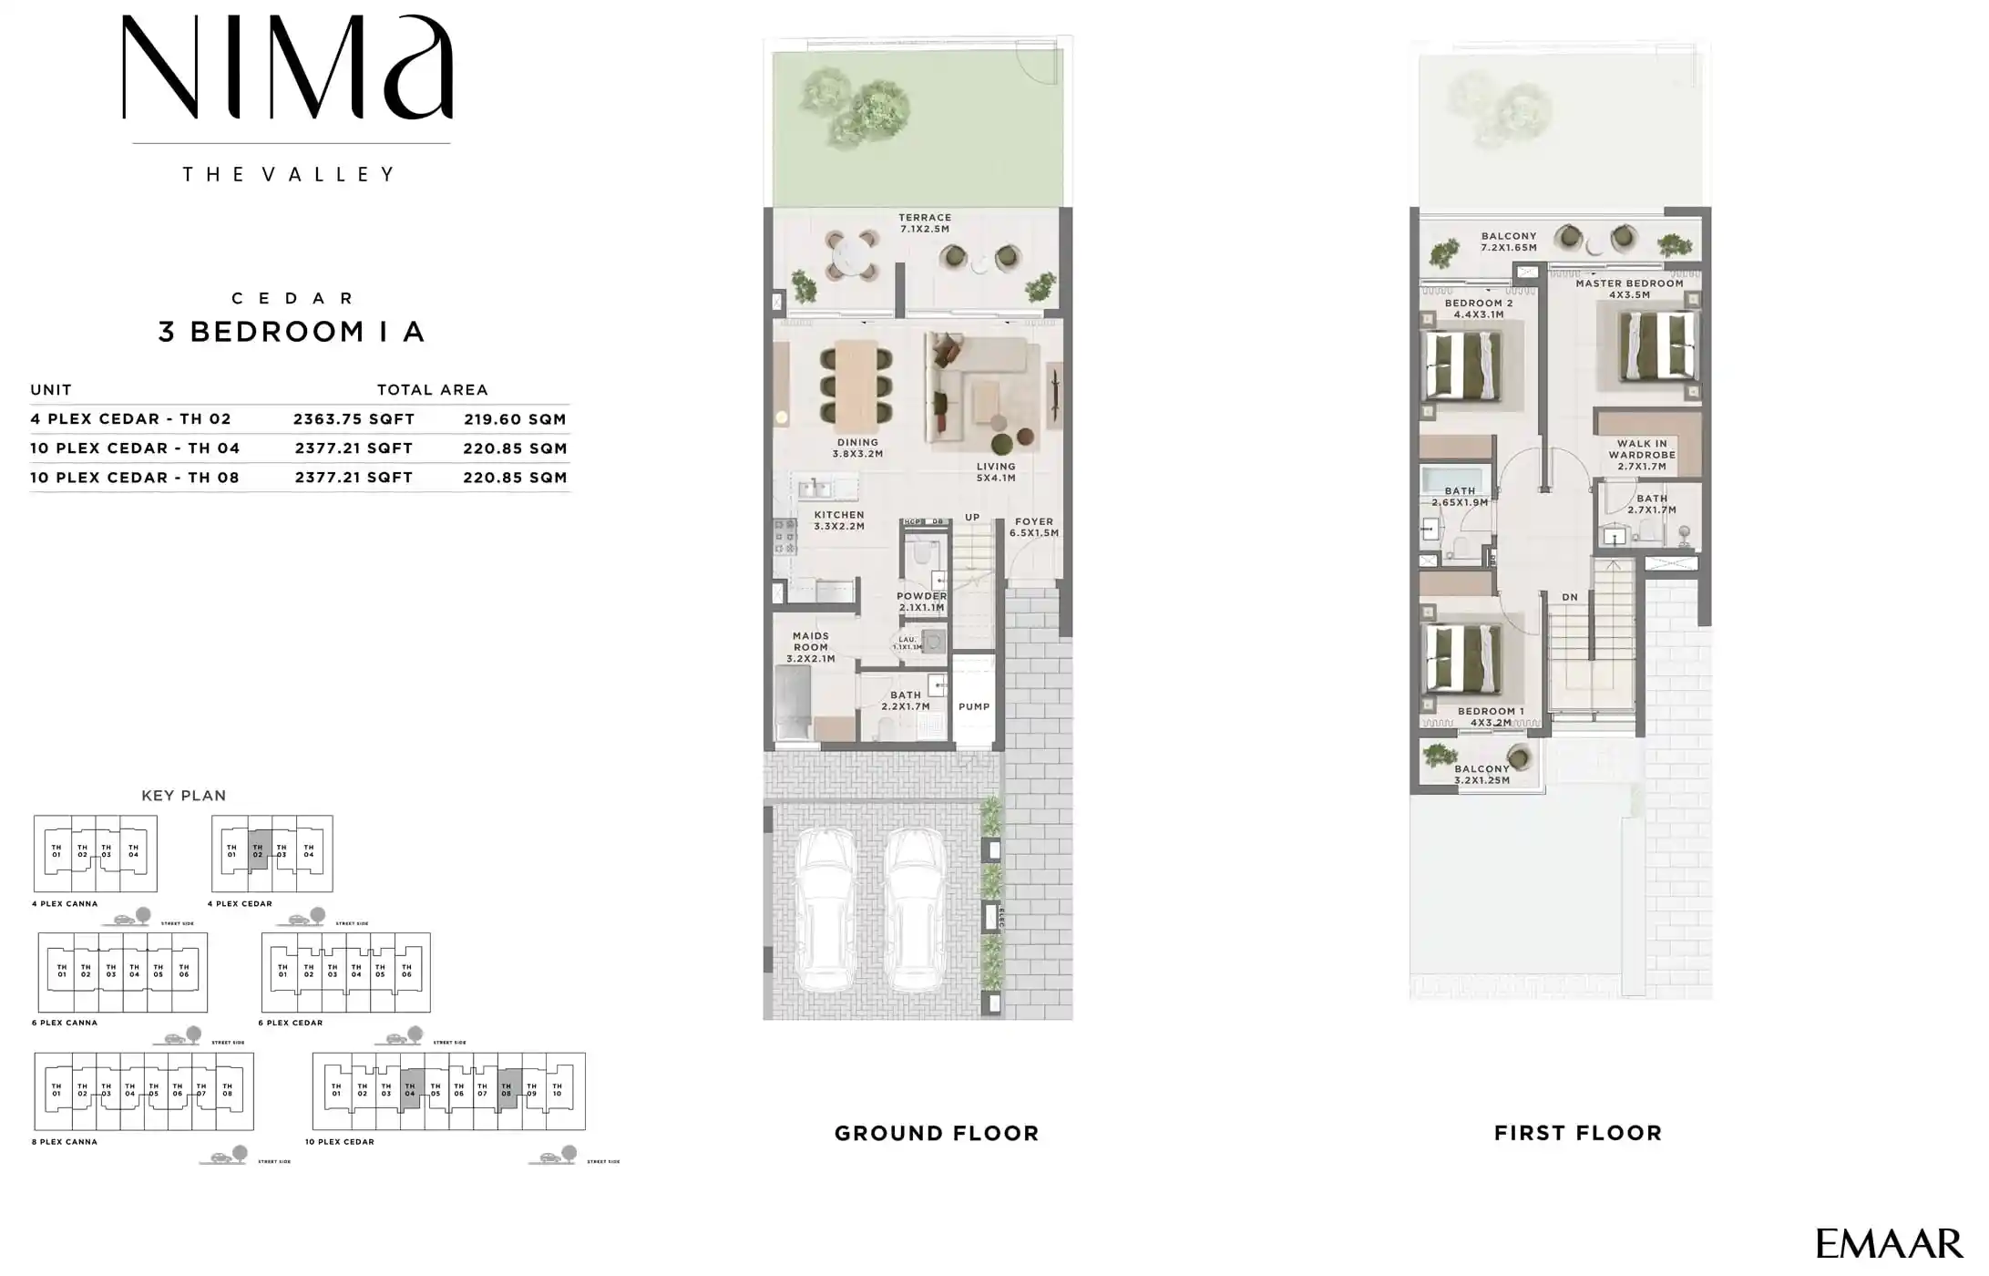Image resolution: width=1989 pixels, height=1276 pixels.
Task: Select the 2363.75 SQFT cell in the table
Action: point(354,419)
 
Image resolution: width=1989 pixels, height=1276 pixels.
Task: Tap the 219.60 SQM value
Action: point(515,419)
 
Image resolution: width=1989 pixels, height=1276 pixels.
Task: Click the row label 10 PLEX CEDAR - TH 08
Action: point(135,478)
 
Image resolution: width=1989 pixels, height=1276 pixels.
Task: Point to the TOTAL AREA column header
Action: point(433,390)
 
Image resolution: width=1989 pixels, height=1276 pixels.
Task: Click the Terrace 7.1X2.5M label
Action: point(925,223)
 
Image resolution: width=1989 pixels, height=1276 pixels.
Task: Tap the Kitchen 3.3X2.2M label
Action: point(838,520)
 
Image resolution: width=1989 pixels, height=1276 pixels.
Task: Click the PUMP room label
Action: point(974,707)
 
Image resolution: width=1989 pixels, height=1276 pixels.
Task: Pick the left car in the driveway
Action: point(825,911)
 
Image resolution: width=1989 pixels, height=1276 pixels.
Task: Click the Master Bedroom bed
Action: point(1658,346)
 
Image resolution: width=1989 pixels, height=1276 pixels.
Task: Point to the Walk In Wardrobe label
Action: point(1642,455)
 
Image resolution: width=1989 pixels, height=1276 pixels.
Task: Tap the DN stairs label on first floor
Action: point(1570,598)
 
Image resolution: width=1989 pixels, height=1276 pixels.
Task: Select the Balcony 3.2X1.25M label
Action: point(1481,775)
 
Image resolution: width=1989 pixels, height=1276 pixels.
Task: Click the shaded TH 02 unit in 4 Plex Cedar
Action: point(258,850)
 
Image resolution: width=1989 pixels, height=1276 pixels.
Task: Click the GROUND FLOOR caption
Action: point(937,1134)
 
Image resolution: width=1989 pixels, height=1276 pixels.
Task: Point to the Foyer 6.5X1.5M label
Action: point(1033,528)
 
